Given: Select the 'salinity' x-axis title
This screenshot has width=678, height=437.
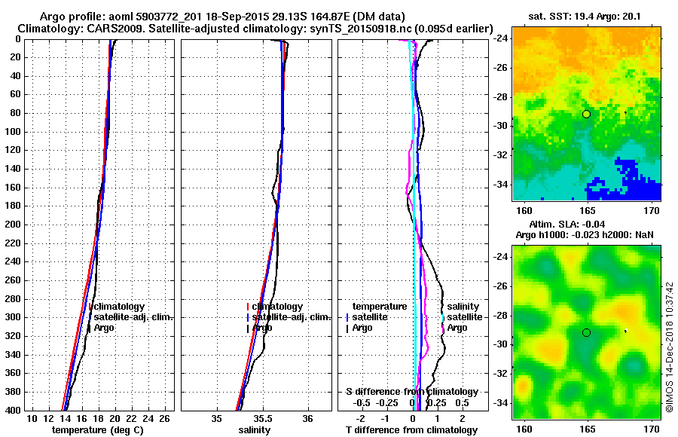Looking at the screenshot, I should pyautogui.click(x=255, y=430).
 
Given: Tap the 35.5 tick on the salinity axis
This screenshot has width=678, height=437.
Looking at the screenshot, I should pyautogui.click(x=262, y=418).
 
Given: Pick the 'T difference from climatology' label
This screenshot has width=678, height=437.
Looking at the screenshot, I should pyautogui.click(x=411, y=430).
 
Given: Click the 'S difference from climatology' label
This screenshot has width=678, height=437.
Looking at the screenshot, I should pyautogui.click(x=411, y=392).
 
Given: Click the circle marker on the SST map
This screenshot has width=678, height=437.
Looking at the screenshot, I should pyautogui.click(x=586, y=114).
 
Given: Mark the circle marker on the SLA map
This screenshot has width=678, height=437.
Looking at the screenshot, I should pyautogui.click(x=586, y=332).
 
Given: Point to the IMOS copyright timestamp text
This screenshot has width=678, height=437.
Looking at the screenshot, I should pyautogui.click(x=669, y=347).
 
